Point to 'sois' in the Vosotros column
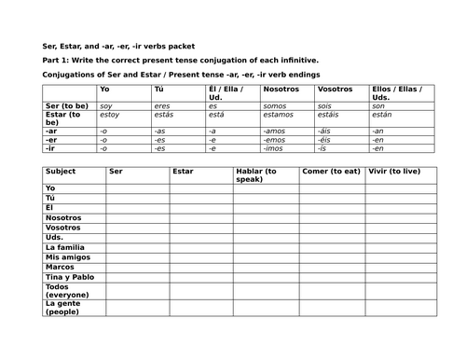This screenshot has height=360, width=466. pos(324,106)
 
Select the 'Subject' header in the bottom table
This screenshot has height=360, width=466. pos(61,172)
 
